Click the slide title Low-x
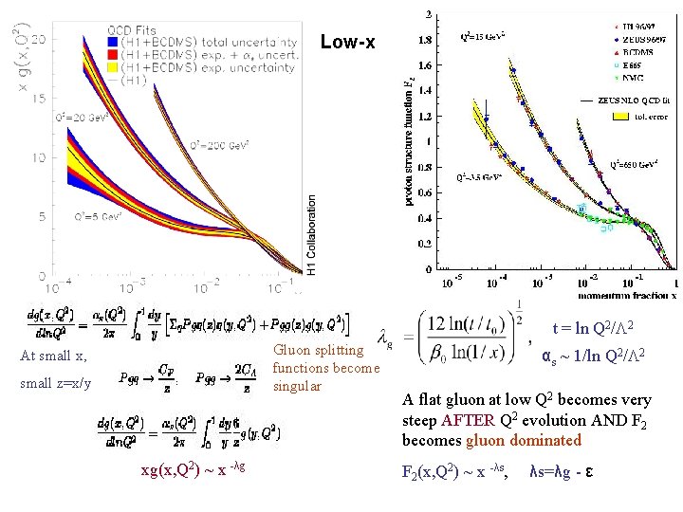(347, 43)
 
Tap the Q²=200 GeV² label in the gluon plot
(219, 145)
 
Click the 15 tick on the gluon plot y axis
(39, 99)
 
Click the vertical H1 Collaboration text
(312, 235)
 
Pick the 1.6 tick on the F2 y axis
(424, 65)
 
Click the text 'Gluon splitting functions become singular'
(324, 368)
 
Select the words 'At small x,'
(53, 357)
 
